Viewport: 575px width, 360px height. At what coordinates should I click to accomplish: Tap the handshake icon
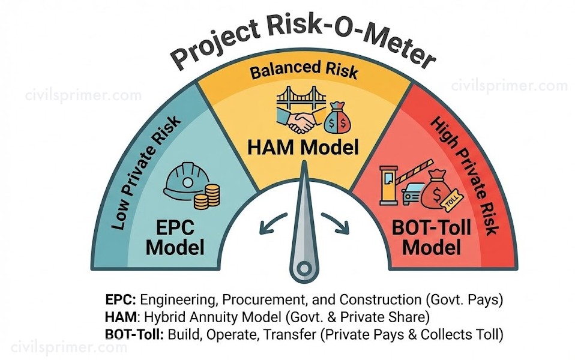click(x=300, y=122)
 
